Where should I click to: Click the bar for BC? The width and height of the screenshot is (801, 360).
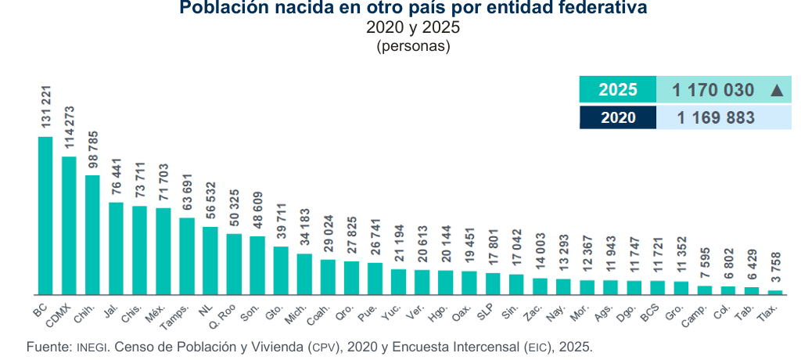click(x=45, y=216)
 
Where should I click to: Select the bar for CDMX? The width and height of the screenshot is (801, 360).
click(x=69, y=225)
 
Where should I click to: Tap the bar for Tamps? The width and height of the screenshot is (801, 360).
click(x=187, y=256)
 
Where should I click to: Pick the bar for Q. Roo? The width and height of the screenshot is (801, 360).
click(x=234, y=265)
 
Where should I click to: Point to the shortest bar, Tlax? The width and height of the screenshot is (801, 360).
click(x=775, y=293)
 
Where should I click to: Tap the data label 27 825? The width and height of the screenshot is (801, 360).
click(x=351, y=237)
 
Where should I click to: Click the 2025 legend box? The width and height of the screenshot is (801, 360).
click(x=618, y=89)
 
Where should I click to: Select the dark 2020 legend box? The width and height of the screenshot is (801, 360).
click(x=618, y=117)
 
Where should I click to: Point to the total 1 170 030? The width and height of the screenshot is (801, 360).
click(x=713, y=90)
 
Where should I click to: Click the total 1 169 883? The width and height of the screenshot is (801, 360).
click(x=716, y=117)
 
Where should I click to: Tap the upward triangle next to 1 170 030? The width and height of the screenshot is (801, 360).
click(x=777, y=91)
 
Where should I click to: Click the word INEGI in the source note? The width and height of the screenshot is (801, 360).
click(x=92, y=347)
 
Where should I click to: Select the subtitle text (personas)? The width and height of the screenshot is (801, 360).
click(x=413, y=46)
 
